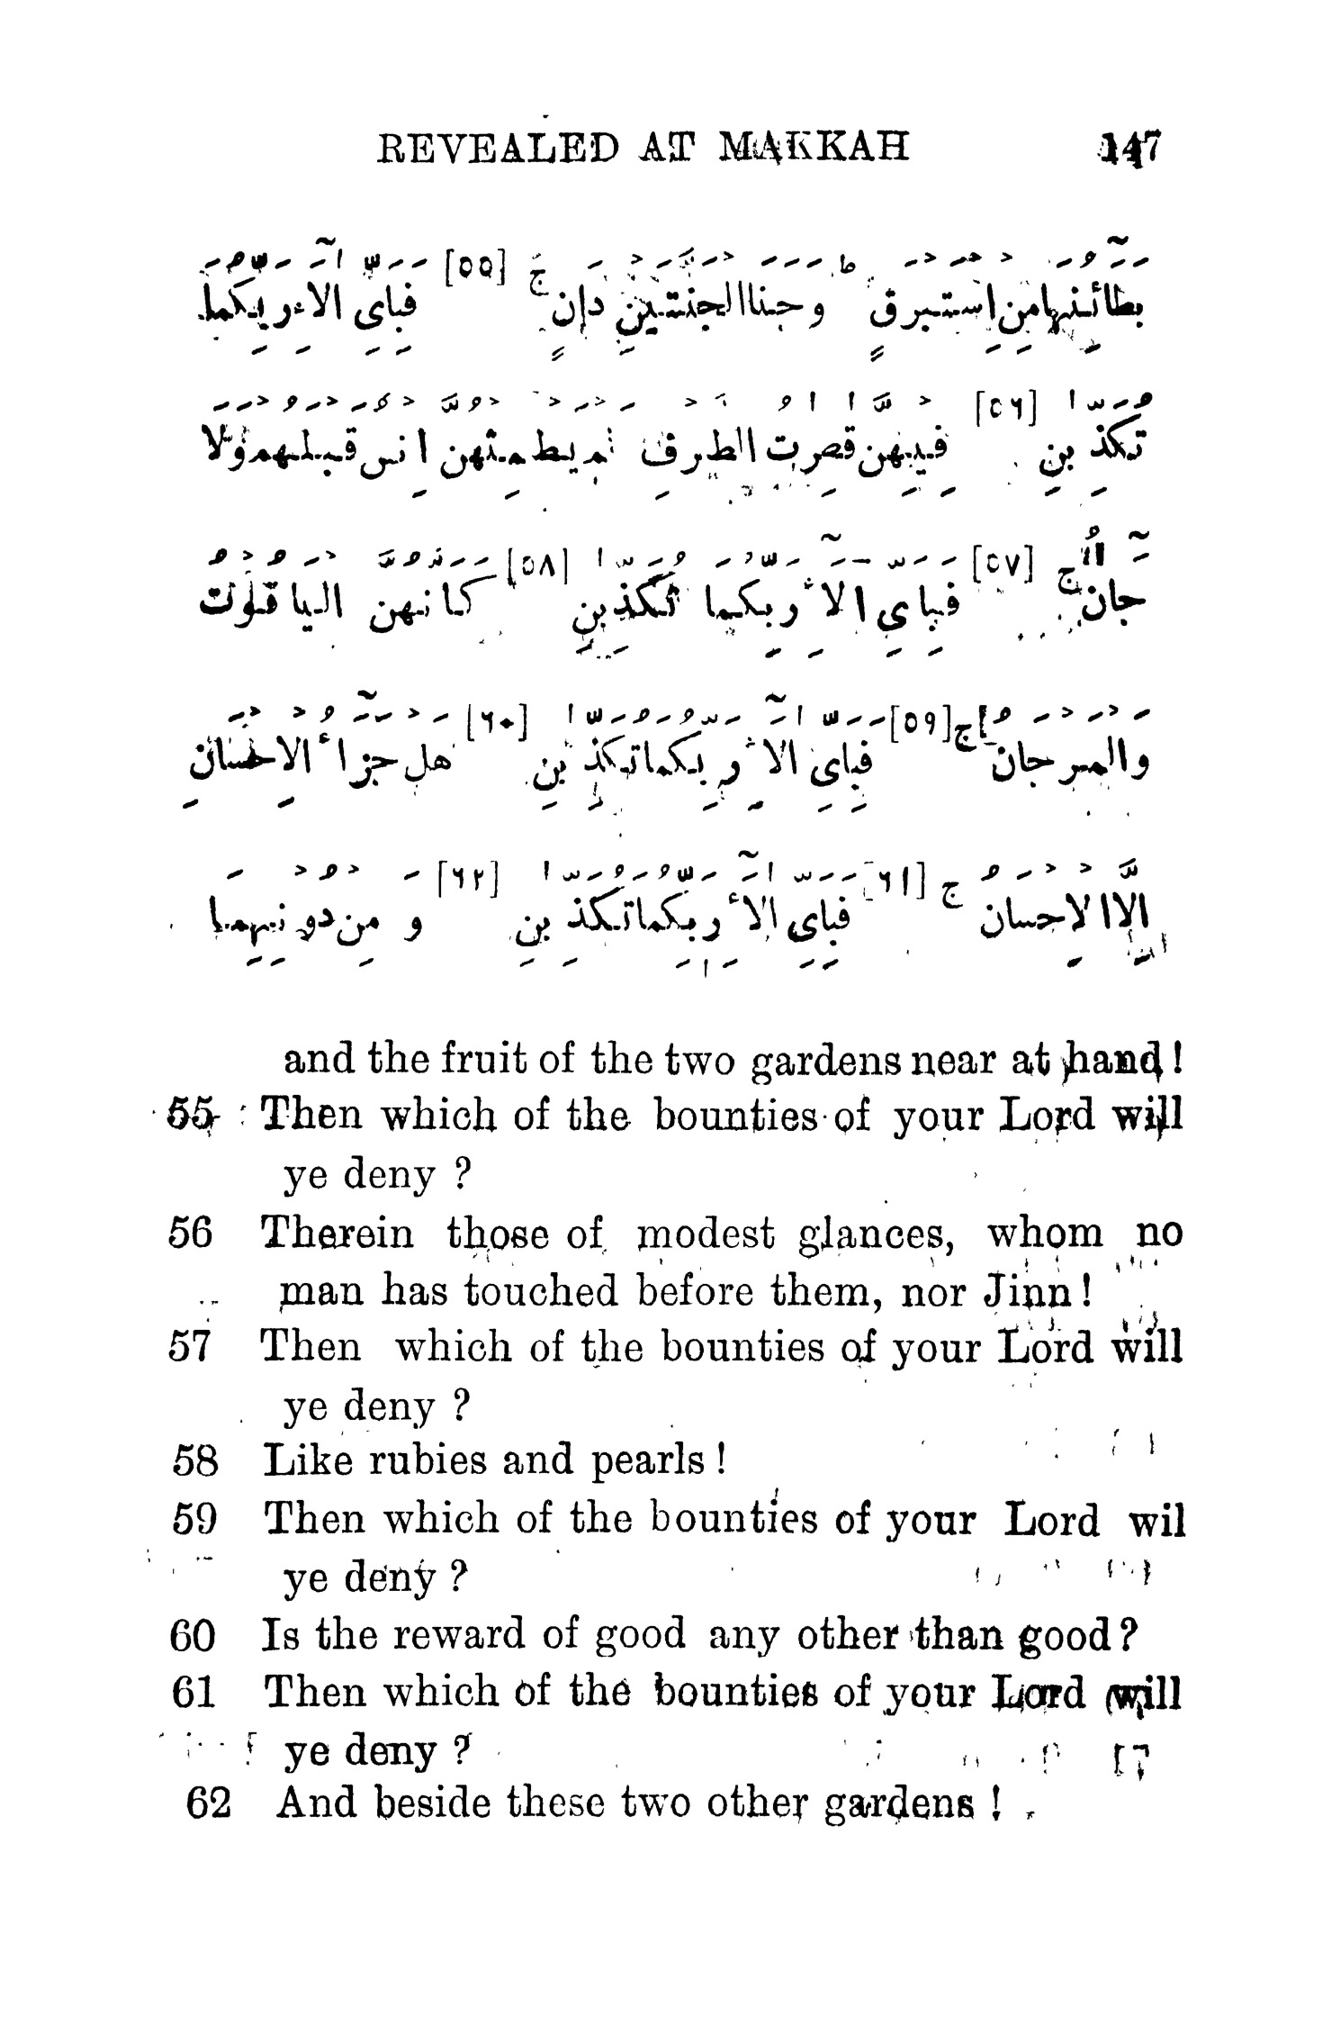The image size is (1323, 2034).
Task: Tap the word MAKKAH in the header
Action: (814, 147)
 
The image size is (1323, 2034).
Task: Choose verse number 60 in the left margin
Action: (193, 1634)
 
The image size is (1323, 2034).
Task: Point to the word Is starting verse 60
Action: (276, 1634)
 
